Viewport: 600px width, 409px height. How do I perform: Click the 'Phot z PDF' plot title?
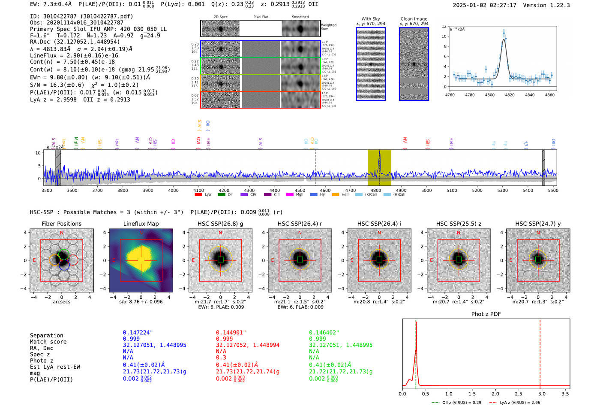pyautogui.click(x=486, y=314)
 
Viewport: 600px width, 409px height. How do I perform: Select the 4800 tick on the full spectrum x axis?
pyautogui.click(x=376, y=191)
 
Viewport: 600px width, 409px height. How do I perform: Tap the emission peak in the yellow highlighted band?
pyautogui.click(x=379, y=154)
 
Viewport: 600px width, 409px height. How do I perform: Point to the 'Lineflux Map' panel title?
pyautogui.click(x=141, y=224)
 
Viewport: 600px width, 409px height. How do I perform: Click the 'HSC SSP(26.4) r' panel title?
pyautogui.click(x=300, y=224)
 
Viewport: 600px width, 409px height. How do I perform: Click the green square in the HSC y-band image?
pyautogui.click(x=538, y=260)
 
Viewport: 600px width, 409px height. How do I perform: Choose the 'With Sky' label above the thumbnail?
pyautogui.click(x=371, y=19)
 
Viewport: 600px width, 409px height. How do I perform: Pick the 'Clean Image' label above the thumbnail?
pyautogui.click(x=414, y=19)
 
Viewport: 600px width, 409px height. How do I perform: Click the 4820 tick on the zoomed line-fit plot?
pyautogui.click(x=510, y=95)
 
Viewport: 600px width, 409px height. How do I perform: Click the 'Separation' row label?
pyautogui.click(x=47, y=336)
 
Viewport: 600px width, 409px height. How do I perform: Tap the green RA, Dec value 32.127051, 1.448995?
pyautogui.click(x=341, y=345)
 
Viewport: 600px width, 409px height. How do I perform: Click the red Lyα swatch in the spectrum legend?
pyautogui.click(x=198, y=195)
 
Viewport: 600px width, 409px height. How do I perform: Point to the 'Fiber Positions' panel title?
pyautogui.click(x=62, y=224)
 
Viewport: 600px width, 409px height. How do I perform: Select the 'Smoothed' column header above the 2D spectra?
pyautogui.click(x=300, y=17)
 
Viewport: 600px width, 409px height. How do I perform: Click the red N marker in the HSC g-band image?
pyautogui.click(x=220, y=233)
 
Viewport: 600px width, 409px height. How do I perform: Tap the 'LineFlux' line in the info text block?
pyautogui.click(x=74, y=56)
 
